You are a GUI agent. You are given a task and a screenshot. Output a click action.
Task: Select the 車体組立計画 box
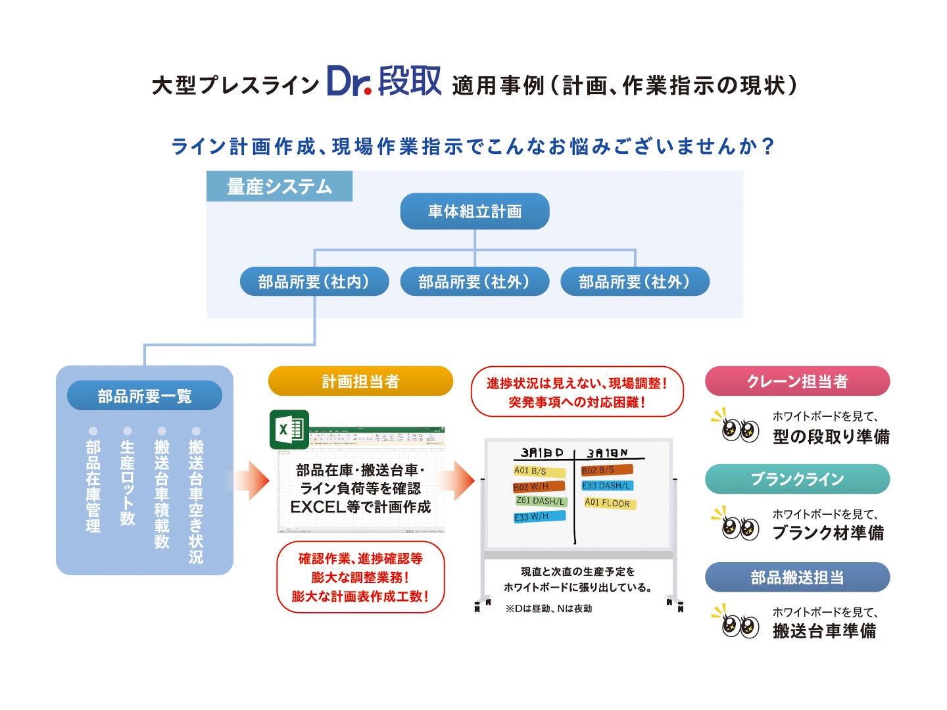tap(474, 211)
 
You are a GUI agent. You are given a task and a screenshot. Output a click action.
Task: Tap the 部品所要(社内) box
tap(314, 281)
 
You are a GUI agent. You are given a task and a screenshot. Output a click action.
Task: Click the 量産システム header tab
tap(279, 187)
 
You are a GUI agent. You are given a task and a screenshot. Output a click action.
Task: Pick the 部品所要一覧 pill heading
tap(144, 396)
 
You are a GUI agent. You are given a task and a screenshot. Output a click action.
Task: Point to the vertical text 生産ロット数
tap(127, 482)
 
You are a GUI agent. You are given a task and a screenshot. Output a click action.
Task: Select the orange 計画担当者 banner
tap(360, 381)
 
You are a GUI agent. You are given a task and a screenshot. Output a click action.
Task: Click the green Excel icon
tap(288, 430)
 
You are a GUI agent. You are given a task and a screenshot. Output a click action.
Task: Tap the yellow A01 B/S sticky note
tap(539, 471)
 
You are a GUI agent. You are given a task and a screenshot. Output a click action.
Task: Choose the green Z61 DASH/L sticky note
tap(541, 502)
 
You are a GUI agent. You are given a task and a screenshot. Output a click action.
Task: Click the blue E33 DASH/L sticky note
tap(607, 486)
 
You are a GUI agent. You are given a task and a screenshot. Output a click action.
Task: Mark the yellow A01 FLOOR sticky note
tap(609, 504)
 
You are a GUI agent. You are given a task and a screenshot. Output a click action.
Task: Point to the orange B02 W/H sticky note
tap(539, 486)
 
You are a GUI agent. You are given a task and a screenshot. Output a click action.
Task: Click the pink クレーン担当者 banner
tap(797, 381)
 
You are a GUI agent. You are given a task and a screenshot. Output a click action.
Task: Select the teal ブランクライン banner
tap(797, 479)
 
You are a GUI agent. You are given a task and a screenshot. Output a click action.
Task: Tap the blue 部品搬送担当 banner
tap(797, 577)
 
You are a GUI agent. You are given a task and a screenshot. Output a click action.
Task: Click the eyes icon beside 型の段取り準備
tap(738, 429)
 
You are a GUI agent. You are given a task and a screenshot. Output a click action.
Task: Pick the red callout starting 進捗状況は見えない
tap(577, 392)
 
